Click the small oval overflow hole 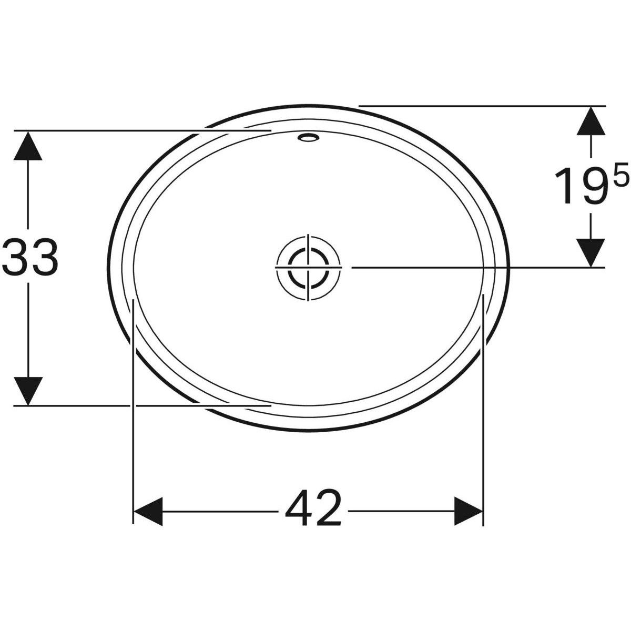[x=308, y=138]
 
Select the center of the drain [x=308, y=267]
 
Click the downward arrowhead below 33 [x=28, y=390]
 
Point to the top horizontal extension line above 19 [x=473, y=106]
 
